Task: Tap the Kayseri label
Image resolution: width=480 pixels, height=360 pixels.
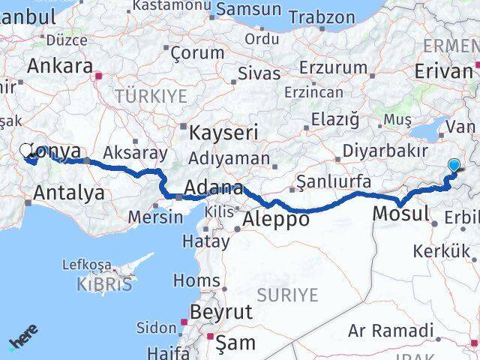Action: click(x=223, y=133)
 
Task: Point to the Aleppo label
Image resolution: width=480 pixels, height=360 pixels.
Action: click(x=277, y=219)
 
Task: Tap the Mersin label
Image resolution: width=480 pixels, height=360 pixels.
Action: click(x=154, y=217)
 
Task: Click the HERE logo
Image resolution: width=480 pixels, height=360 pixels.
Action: click(x=23, y=337)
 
